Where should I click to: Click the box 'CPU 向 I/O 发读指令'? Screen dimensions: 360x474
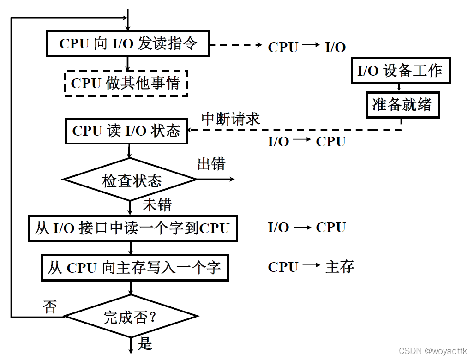[128, 43]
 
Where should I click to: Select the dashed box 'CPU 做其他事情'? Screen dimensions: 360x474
[126, 83]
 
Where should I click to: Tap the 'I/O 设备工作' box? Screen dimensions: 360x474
[400, 71]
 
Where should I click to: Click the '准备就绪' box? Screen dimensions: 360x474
[402, 105]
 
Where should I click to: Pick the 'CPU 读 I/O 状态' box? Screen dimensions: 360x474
[126, 131]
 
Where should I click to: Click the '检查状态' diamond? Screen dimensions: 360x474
[131, 180]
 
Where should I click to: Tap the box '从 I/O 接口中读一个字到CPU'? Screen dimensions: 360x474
[133, 228]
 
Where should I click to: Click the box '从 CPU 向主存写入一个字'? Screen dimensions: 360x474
[135, 267]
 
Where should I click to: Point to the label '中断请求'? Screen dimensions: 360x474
[231, 119]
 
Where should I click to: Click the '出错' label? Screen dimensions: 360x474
[211, 164]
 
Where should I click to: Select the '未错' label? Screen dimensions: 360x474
[157, 204]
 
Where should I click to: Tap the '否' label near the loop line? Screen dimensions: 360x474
[50, 306]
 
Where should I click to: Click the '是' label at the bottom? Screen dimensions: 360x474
[145, 343]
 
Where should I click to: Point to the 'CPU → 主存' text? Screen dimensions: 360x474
[311, 267]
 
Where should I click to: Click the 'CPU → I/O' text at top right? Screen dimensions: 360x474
[306, 47]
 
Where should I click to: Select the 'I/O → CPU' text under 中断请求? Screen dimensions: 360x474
[306, 142]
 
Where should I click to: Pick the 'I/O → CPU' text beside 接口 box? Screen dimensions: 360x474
[306, 228]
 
